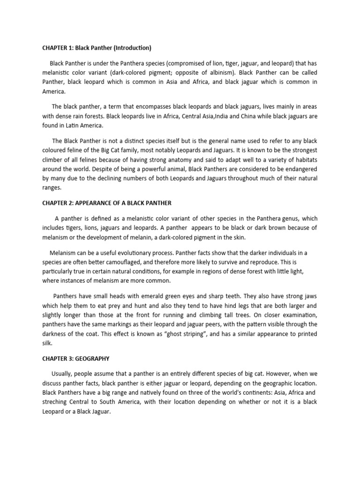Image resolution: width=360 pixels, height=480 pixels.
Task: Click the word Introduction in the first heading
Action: pyautogui.click(x=132, y=48)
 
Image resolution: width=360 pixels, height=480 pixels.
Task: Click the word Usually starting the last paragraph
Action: pyautogui.click(x=61, y=373)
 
